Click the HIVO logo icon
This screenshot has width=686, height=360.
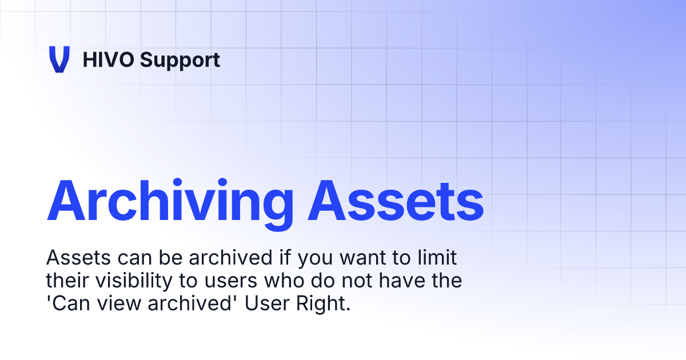coord(59,59)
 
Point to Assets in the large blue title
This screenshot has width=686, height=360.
coord(395,202)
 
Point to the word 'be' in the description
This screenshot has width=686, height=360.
coord(157,258)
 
